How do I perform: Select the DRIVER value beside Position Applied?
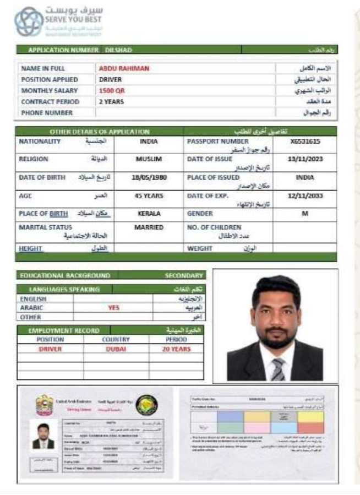[110, 79]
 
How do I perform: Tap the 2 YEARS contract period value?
[111, 102]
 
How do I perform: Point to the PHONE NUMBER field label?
[47, 113]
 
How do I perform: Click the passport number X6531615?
[305, 142]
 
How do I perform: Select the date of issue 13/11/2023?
[305, 159]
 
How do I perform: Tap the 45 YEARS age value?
[149, 195]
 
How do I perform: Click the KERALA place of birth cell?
[149, 213]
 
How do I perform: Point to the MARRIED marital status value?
[149, 227]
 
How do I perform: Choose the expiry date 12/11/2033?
[305, 195]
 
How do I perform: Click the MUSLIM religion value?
[149, 159]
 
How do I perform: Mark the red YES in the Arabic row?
[113, 308]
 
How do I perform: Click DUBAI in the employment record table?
[116, 349]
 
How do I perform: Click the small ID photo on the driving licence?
[43, 435]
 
